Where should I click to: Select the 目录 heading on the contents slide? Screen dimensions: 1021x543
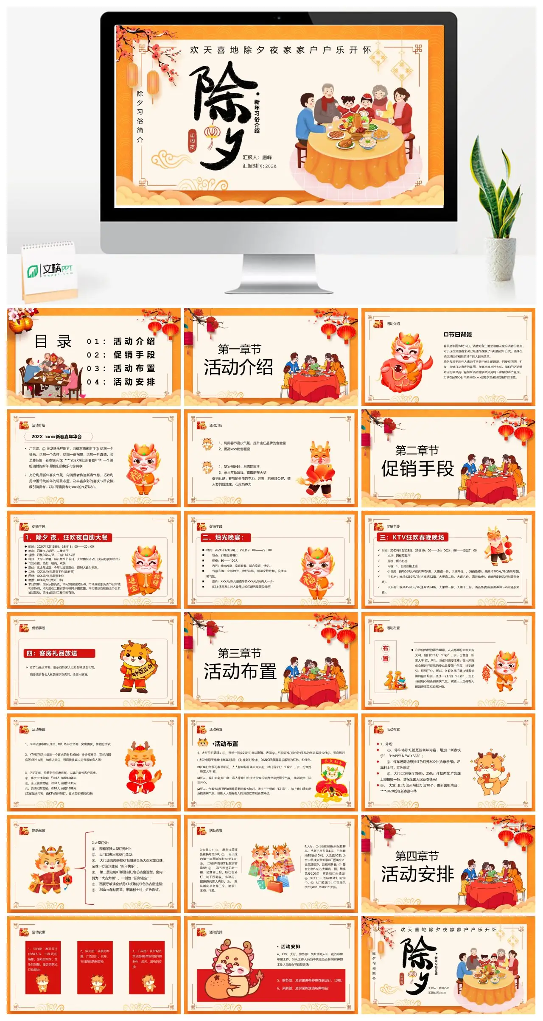[x=53, y=341]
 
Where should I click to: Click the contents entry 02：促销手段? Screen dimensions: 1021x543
[x=121, y=355]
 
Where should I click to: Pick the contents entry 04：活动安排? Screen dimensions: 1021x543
[x=121, y=382]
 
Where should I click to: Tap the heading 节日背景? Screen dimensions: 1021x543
[x=458, y=335]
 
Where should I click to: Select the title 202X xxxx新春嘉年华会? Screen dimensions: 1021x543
[x=57, y=436]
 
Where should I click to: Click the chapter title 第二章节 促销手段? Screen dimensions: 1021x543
[x=417, y=461]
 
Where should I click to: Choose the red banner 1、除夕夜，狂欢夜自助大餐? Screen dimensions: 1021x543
[x=66, y=537]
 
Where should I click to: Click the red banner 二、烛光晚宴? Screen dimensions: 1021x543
[x=225, y=537]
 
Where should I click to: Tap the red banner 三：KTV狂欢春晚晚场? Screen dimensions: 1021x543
[x=411, y=537]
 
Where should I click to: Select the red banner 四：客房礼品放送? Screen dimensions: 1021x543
[x=59, y=653]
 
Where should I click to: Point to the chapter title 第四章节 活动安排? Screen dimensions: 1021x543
[x=417, y=867]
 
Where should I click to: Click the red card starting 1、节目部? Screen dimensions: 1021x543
[x=42, y=968]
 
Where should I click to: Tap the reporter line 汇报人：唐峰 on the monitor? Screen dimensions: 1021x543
[x=257, y=157]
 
